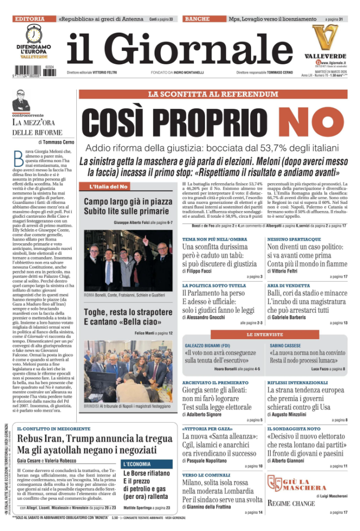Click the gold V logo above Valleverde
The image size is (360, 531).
[325, 38]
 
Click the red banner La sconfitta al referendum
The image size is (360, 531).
[213, 94]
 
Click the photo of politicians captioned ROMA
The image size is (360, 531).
[128, 260]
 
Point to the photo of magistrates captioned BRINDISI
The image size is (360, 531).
[128, 371]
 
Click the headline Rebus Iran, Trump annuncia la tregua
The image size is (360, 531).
[95, 438]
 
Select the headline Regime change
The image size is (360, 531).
[291, 503]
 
